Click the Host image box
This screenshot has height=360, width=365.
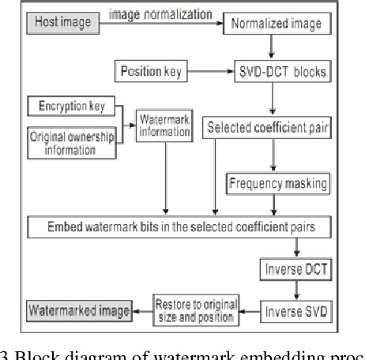59,22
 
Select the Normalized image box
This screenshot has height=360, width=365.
276,24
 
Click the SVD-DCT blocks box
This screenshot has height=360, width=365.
276,72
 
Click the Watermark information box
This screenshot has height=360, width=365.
165,126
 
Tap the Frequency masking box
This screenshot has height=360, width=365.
277,185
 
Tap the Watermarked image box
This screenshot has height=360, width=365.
78,310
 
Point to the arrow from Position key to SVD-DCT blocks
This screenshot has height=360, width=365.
209,72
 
